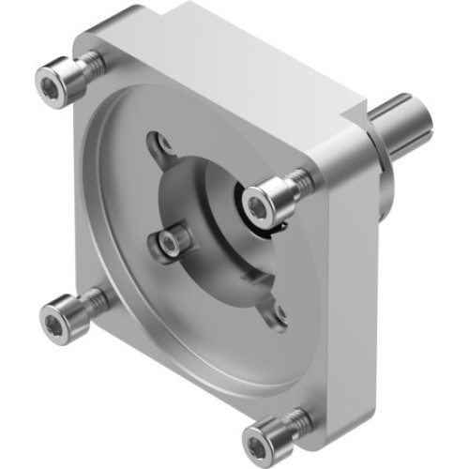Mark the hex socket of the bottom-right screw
pos(257,440)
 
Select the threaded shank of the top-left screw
pos(90,65)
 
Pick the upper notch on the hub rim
pos(163,144)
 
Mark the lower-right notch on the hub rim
pos(278,317)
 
